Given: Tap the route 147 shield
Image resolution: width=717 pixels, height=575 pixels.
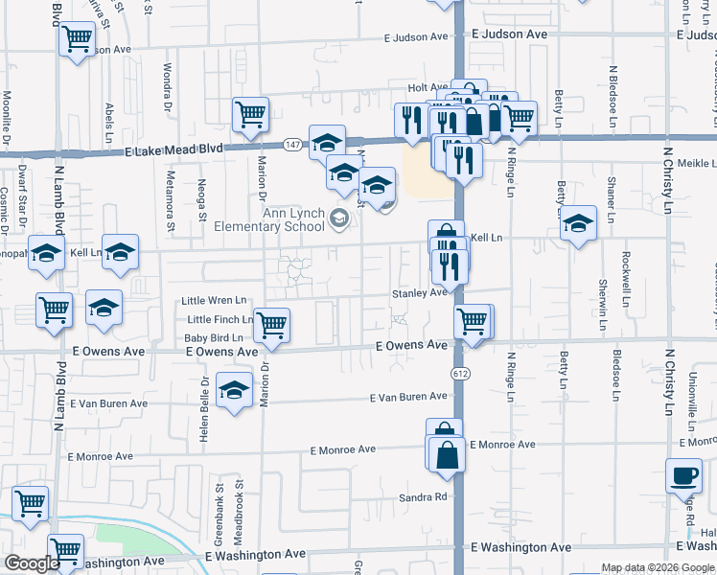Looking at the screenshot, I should (293, 145).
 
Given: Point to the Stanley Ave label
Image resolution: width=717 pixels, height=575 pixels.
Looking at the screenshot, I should (419, 293).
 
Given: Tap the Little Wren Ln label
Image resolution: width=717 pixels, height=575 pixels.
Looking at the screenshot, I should (215, 301).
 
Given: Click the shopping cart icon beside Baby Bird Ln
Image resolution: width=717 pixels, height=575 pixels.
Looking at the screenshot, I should (272, 325).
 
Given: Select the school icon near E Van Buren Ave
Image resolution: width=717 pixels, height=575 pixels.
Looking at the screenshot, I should (233, 391).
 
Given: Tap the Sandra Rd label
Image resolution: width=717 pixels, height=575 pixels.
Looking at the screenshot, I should (424, 497).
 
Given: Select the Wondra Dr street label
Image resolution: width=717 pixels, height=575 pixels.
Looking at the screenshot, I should (168, 85).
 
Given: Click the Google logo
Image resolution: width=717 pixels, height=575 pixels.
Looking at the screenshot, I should (32, 563).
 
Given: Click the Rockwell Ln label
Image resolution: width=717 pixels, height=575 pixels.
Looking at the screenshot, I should (626, 272).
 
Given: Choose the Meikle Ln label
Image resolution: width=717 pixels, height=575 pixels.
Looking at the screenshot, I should (697, 164).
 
